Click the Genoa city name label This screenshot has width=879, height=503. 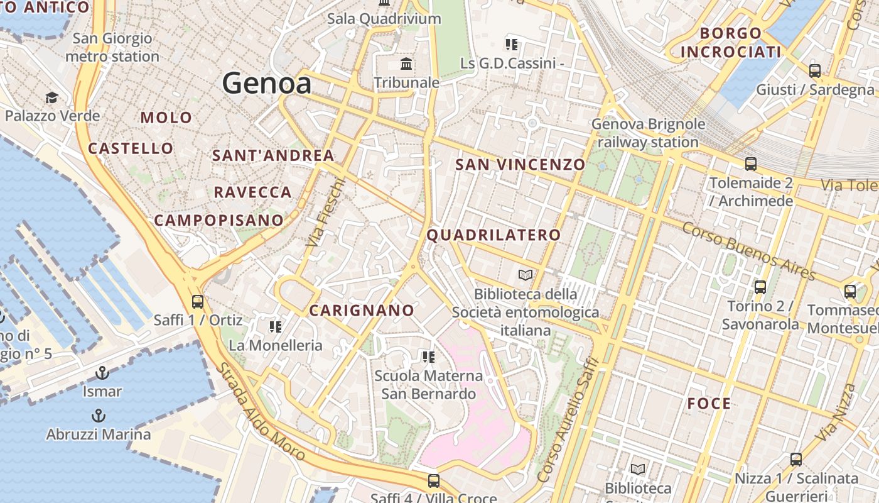tap(266, 84)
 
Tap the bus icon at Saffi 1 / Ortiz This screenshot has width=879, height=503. tap(197, 302)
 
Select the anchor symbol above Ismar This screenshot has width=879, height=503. tap(102, 373)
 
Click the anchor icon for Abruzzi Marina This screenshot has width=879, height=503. tap(98, 416)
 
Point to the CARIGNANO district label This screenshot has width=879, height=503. tap(362, 310)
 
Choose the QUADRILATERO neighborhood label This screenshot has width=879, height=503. tap(493, 235)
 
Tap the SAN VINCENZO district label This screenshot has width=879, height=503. tap(520, 165)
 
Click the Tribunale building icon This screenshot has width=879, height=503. tap(406, 64)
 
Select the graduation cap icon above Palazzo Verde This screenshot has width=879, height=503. tap(51, 97)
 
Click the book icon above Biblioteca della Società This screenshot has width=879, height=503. tap(525, 275)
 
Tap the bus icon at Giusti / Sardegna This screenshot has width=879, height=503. tap(815, 71)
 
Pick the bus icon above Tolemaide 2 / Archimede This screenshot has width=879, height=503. tap(750, 165)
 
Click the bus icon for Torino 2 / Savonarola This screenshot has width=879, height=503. tap(760, 287)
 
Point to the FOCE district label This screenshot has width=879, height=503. tap(709, 404)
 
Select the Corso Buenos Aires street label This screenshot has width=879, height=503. tap(748, 251)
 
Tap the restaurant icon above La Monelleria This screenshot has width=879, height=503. tap(275, 327)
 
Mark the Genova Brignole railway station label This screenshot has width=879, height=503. tap(648, 133)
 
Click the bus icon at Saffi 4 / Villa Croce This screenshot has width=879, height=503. tap(433, 481)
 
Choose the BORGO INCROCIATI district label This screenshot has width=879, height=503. tap(731, 42)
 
